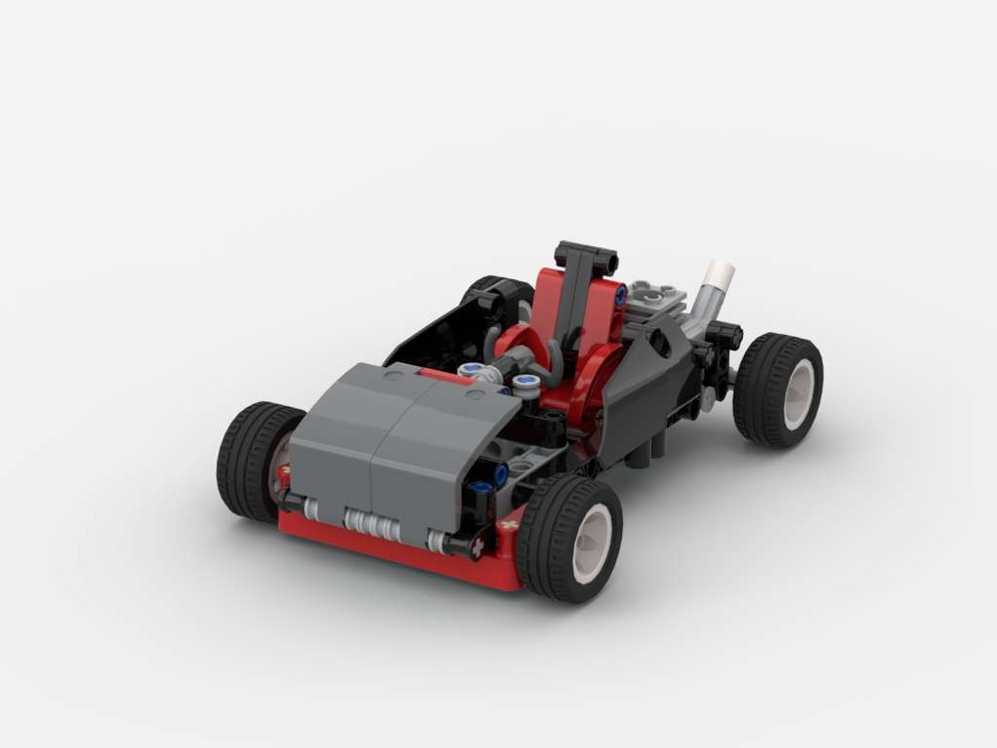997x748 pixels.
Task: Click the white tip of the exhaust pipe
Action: coord(720,272)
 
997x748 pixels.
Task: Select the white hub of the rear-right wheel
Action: coord(799,394)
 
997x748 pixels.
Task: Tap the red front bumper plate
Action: coord(399,549)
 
